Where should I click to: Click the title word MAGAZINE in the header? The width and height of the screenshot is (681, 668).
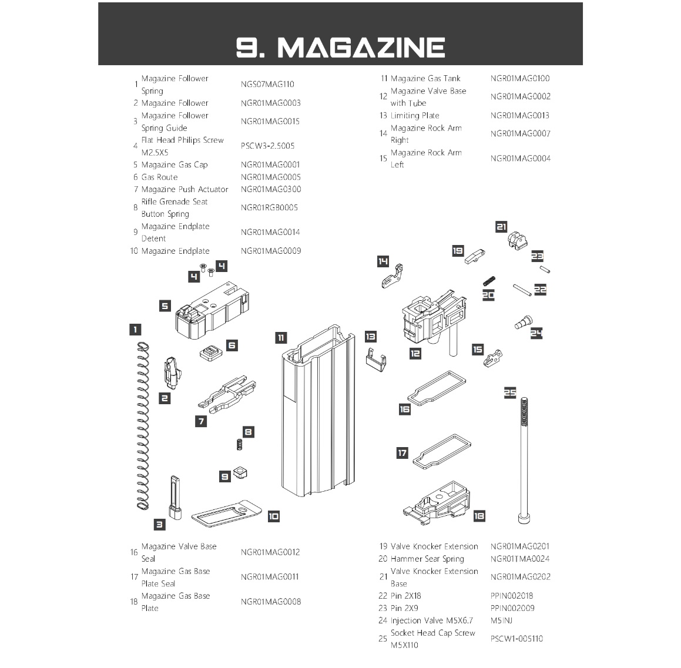(361, 47)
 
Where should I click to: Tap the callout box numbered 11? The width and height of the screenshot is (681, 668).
(281, 337)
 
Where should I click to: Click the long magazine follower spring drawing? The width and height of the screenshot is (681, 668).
(143, 425)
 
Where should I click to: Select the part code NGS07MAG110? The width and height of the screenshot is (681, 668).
(267, 84)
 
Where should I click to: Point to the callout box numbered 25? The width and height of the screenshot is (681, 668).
(510, 393)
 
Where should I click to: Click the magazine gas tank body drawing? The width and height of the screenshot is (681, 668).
(318, 411)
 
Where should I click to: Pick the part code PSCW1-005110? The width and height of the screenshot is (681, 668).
(517, 639)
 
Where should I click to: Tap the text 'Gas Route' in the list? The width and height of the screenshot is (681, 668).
(159, 177)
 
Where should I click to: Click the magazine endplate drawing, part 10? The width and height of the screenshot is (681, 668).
(227, 513)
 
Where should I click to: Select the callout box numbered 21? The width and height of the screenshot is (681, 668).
(502, 227)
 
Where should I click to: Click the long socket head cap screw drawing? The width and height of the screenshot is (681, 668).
(524, 461)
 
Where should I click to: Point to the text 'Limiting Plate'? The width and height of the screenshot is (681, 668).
(415, 116)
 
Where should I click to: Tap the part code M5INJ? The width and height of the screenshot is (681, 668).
(502, 620)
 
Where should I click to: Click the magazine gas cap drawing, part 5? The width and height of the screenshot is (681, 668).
(212, 311)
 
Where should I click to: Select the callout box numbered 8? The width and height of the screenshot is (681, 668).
(249, 432)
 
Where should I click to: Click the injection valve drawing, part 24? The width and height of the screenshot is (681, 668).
(524, 323)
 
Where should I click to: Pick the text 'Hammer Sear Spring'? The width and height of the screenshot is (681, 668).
(427, 559)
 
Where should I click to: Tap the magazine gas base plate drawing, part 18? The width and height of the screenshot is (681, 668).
(437, 503)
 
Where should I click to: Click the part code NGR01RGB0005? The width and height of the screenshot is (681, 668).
(269, 207)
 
